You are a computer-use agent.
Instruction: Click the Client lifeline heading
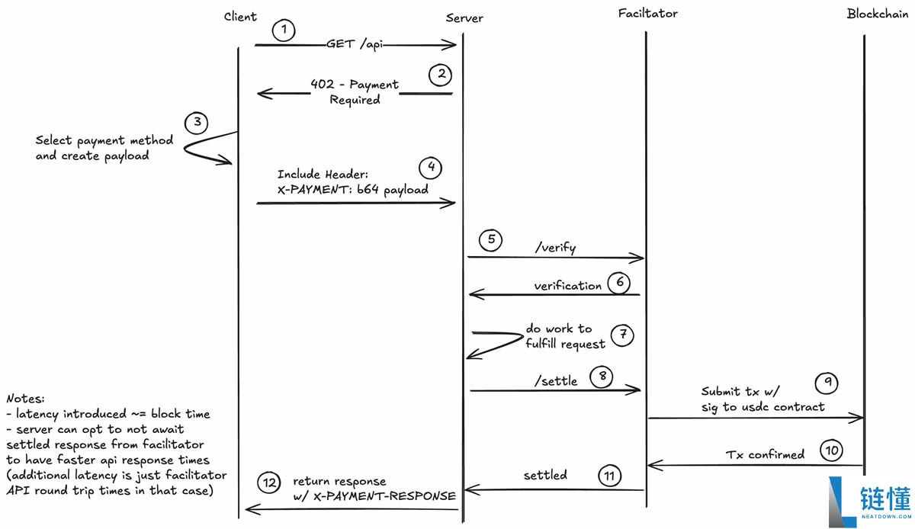pos(240,16)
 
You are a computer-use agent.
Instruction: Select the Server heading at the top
pos(464,18)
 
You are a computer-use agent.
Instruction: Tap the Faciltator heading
pos(647,14)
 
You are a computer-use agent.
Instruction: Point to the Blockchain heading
pos(878,14)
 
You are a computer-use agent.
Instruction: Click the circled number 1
pos(284,30)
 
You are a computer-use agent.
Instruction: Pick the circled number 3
pos(197,123)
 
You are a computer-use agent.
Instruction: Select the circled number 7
pos(622,335)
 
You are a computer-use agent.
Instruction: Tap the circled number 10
pos(832,450)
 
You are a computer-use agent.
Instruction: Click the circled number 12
pos(268,483)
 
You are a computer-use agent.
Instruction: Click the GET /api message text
pos(355,44)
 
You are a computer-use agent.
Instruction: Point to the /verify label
pos(556,247)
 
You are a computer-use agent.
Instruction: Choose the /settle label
pos(556,380)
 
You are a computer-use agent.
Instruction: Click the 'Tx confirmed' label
pos(765,454)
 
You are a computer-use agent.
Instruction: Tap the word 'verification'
pos(568,286)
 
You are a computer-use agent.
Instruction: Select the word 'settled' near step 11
pos(545,475)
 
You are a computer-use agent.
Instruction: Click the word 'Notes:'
pos(25,399)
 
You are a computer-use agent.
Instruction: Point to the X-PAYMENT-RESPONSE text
pos(384,496)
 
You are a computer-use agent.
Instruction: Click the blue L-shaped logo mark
pos(842,502)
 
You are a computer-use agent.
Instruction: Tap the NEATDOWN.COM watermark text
pos(886,516)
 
